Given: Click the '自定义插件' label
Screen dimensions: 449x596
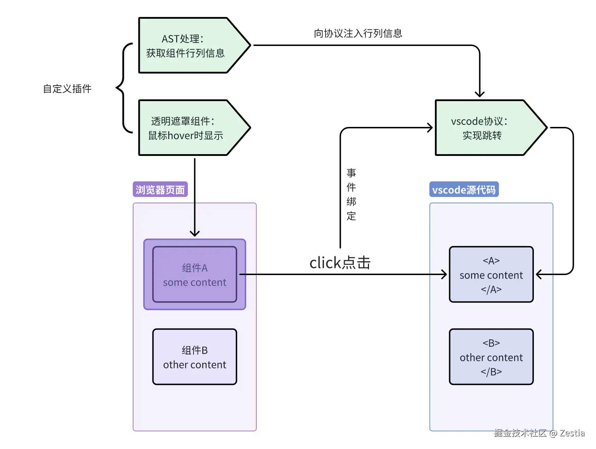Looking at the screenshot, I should (x=67, y=89).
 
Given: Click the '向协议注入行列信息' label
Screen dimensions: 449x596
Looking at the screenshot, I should (x=358, y=34).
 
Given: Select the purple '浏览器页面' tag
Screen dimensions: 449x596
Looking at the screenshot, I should (x=160, y=189).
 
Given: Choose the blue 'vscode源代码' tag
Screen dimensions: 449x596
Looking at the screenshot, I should (x=464, y=189).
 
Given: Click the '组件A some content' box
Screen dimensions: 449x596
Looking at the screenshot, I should (x=195, y=275).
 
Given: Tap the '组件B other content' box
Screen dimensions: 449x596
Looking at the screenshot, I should (x=195, y=357).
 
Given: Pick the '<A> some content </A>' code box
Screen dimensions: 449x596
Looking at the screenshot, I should (x=491, y=275).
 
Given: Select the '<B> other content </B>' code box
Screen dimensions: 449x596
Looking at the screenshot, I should (x=491, y=357).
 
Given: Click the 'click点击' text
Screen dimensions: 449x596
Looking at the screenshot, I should (x=340, y=263).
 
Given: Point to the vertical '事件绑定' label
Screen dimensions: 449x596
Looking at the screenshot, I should (x=351, y=194).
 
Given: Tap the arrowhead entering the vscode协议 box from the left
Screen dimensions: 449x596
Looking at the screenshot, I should (x=430, y=128).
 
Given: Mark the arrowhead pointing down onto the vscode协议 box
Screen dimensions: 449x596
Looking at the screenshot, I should (x=479, y=94).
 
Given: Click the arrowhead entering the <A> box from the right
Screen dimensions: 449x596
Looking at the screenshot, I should (x=539, y=274).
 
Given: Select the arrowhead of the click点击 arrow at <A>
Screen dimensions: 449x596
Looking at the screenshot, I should (x=444, y=274).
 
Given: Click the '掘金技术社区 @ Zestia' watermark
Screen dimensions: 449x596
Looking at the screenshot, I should (x=539, y=433).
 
